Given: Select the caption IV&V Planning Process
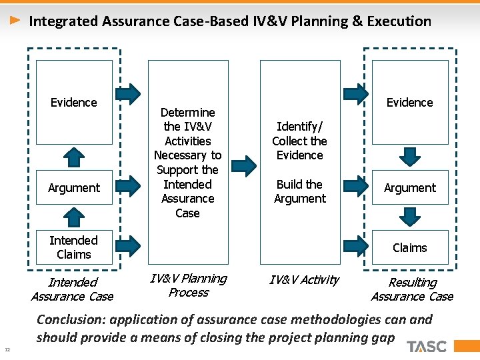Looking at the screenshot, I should [188, 285].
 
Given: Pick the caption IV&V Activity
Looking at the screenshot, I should [304, 280].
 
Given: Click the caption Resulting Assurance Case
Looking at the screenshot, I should [411, 289].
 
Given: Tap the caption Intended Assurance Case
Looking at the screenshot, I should [73, 289].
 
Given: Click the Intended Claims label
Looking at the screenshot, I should [73, 247].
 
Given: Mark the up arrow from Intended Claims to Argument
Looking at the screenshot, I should [74, 217].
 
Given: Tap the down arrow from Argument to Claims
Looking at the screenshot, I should [409, 217].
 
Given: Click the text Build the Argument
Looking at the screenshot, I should [299, 191].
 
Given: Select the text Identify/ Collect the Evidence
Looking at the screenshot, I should [299, 141].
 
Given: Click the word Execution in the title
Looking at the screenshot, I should [400, 21].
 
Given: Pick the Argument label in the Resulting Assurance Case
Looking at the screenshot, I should [409, 188].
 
